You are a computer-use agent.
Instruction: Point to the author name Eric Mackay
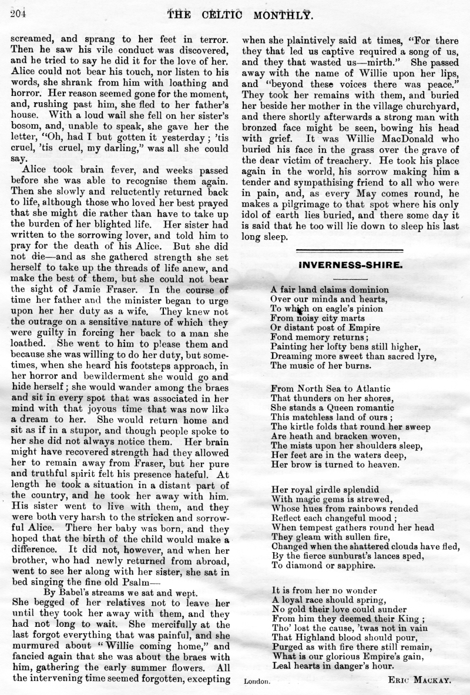[419, 679]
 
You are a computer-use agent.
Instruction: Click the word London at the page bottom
[257, 681]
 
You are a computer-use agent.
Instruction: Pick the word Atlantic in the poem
[361, 389]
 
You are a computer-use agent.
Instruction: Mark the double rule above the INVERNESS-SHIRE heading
[350, 250]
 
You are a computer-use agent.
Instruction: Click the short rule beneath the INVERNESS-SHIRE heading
[350, 278]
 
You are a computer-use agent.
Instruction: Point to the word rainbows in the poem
[351, 508]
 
